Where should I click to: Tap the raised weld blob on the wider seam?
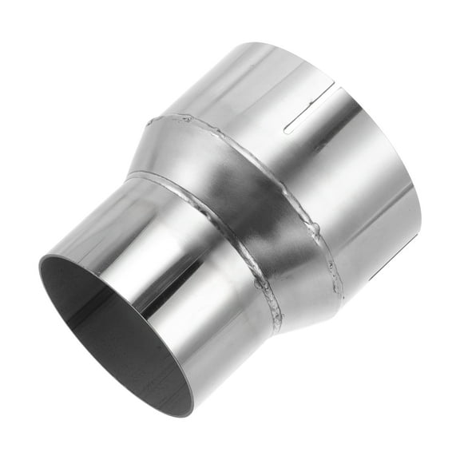[x=316, y=232]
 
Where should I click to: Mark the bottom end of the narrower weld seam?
[x=278, y=327]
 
